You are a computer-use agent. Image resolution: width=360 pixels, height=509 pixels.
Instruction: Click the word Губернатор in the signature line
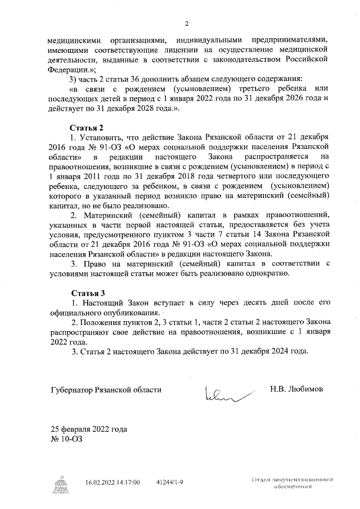coord(74,389)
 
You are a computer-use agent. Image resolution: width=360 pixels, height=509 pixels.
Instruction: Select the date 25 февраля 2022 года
coord(89,429)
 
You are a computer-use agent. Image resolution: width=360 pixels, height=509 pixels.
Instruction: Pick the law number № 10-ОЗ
coord(66,439)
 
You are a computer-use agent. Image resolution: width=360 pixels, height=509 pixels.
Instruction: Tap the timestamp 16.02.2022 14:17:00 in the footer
coord(112,482)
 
